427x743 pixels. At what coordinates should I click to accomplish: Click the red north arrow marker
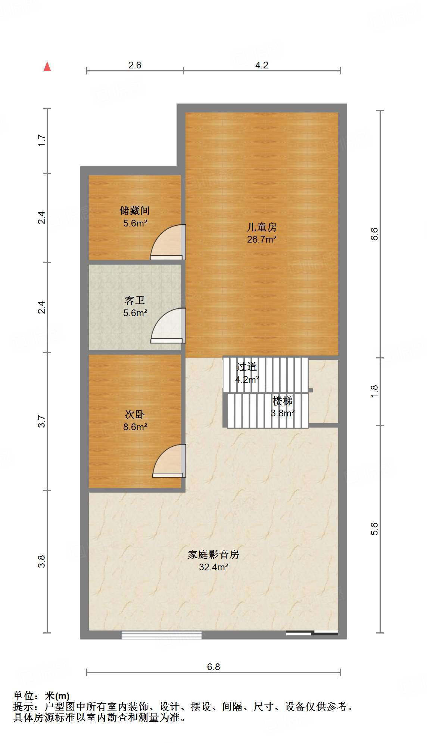pos(47,67)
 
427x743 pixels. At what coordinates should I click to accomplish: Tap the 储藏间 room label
pos(134,211)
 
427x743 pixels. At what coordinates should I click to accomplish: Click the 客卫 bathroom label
pos(134,300)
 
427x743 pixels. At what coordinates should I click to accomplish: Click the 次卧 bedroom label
pos(134,414)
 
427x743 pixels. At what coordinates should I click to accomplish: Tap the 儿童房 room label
pos(261,227)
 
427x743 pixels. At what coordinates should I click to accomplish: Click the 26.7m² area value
pos(261,240)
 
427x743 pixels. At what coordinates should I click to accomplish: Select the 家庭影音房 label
pos(213,555)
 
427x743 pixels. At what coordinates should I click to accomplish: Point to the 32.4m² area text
pos(213,567)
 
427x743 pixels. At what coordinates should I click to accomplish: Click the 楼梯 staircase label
pos(283,401)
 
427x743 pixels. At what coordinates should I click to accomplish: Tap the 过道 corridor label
pos(247,367)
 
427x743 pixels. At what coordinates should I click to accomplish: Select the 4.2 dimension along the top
pos(262,65)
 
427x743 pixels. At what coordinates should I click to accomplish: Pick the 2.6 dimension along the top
pos(135,65)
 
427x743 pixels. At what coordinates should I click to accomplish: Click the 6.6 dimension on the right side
pos(374,234)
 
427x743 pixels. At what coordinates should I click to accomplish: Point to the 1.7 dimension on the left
pos(41,140)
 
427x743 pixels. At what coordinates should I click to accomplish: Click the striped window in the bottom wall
pos(162,635)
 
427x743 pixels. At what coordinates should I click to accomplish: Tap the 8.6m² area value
pos(135,427)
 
